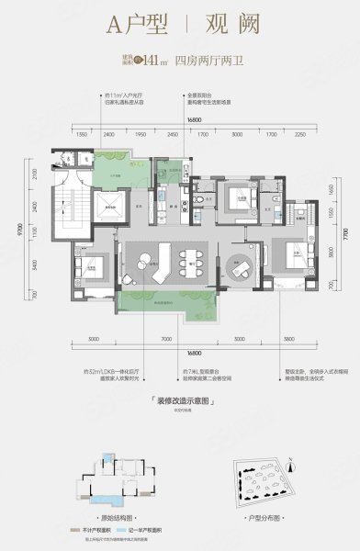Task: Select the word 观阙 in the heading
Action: point(222,28)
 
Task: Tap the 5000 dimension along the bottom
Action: point(95,339)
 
